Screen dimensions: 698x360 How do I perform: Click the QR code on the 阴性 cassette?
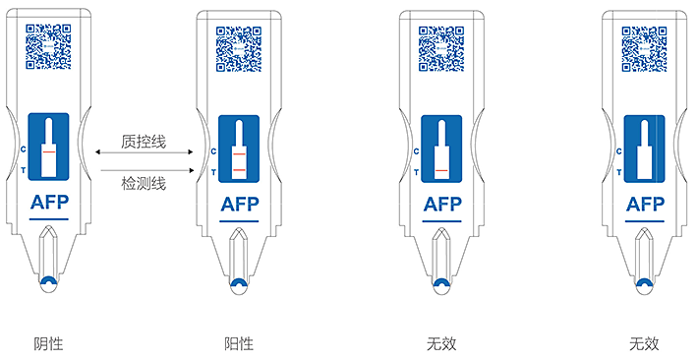pyautogui.click(x=48, y=46)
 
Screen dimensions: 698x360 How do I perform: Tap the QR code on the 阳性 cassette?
pyautogui.click(x=239, y=48)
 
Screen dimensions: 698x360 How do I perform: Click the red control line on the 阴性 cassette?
pyautogui.click(x=49, y=151)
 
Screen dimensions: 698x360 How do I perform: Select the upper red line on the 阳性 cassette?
pyautogui.click(x=239, y=154)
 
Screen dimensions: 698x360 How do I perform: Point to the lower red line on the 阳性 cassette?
pyautogui.click(x=239, y=170)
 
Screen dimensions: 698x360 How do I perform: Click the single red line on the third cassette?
pyautogui.click(x=441, y=170)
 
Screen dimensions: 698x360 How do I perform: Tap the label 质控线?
pyautogui.click(x=144, y=142)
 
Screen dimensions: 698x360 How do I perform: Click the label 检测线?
pyautogui.click(x=144, y=183)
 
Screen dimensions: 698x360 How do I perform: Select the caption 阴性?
pyautogui.click(x=48, y=343)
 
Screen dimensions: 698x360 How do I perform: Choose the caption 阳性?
pyautogui.click(x=239, y=343)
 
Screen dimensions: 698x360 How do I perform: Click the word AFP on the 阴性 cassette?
pyautogui.click(x=49, y=203)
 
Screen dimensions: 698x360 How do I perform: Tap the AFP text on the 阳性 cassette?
pyautogui.click(x=240, y=205)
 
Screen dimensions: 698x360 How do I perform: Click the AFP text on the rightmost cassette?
pyautogui.click(x=645, y=205)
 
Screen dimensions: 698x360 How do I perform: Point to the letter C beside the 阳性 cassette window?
pyautogui.click(x=213, y=151)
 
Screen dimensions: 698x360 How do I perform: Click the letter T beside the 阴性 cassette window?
pyautogui.click(x=24, y=170)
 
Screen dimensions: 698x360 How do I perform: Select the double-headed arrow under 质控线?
pyautogui.click(x=145, y=152)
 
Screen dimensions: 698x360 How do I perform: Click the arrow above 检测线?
pyautogui.click(x=147, y=170)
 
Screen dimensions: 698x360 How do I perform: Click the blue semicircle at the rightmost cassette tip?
pyautogui.click(x=644, y=283)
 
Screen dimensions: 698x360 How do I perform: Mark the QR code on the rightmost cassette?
pyautogui.click(x=644, y=48)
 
